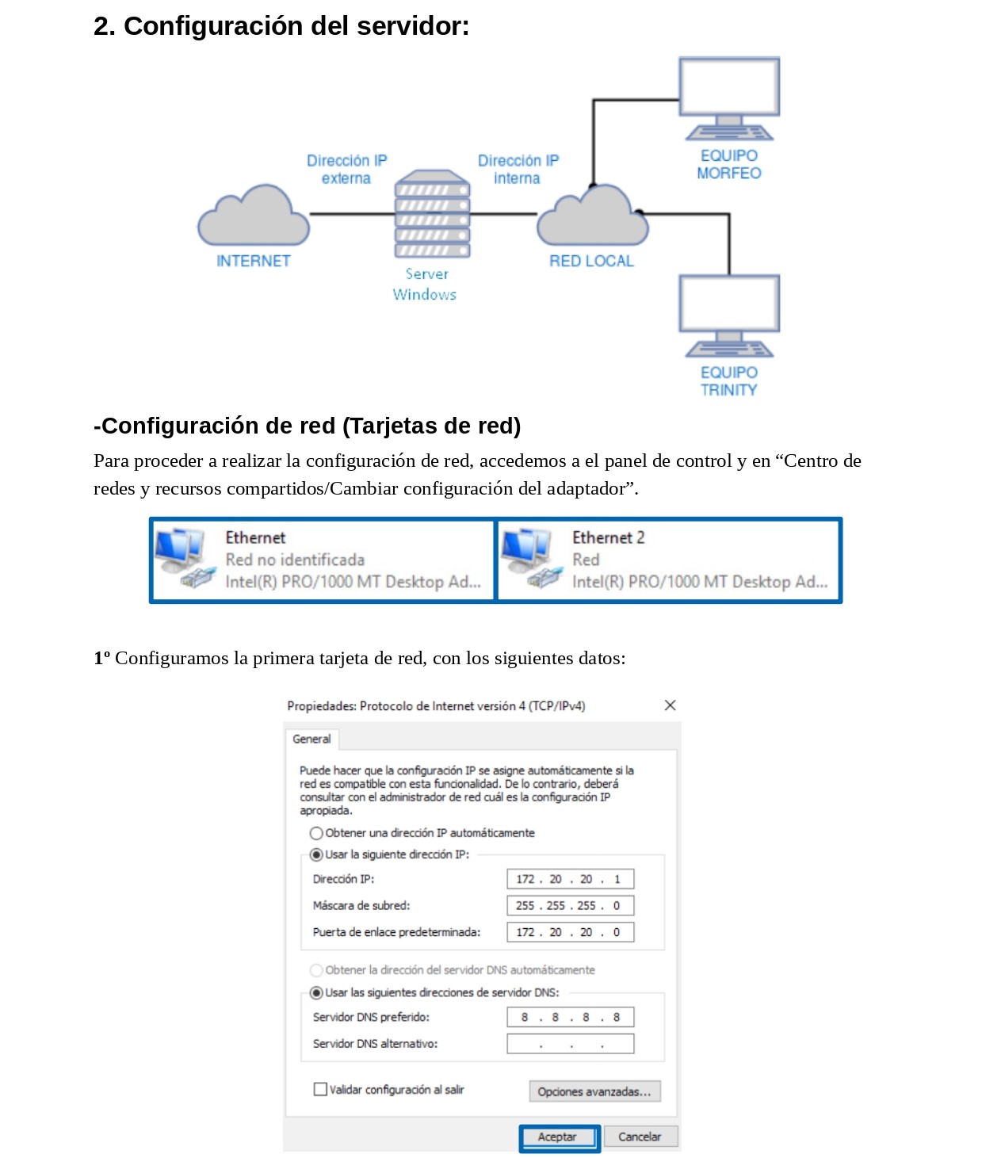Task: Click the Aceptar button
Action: pyautogui.click(x=558, y=1137)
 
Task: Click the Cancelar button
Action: pyautogui.click(x=640, y=1137)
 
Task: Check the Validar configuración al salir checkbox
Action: pyautogui.click(x=320, y=1089)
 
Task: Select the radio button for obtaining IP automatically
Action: pyautogui.click(x=316, y=833)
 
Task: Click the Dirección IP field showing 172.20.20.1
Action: pyautogui.click(x=570, y=879)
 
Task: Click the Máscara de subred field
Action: pyautogui.click(x=570, y=905)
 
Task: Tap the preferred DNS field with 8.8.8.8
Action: pyautogui.click(x=570, y=1017)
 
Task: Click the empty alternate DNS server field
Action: pyautogui.click(x=570, y=1043)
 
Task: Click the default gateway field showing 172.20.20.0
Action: pyautogui.click(x=570, y=932)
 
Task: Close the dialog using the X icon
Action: pyautogui.click(x=670, y=705)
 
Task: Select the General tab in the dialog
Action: pyautogui.click(x=311, y=739)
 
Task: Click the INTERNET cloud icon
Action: pyautogui.click(x=253, y=217)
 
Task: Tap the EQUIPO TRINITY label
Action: pyautogui.click(x=728, y=381)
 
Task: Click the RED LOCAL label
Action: pyautogui.click(x=591, y=261)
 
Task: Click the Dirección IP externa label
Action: pyautogui.click(x=346, y=170)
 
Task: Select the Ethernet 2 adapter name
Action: pyautogui.click(x=608, y=537)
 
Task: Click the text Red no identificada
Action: pyautogui.click(x=295, y=560)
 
